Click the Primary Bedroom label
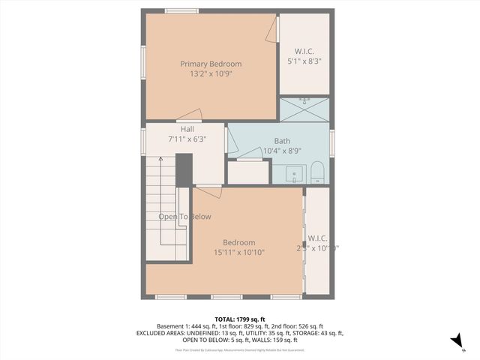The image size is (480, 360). point(207,64)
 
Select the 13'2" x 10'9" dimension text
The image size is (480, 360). point(207,76)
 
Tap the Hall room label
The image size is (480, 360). point(187,129)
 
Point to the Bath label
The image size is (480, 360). point(282,140)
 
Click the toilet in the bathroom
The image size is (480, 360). point(316,172)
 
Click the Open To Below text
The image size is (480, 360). point(184,217)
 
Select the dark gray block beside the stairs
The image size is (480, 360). point(184,169)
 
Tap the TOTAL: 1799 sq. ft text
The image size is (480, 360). point(239,319)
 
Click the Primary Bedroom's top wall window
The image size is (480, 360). point(181,10)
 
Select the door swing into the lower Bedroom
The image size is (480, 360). point(210,191)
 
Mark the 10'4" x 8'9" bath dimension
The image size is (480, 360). point(282,151)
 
